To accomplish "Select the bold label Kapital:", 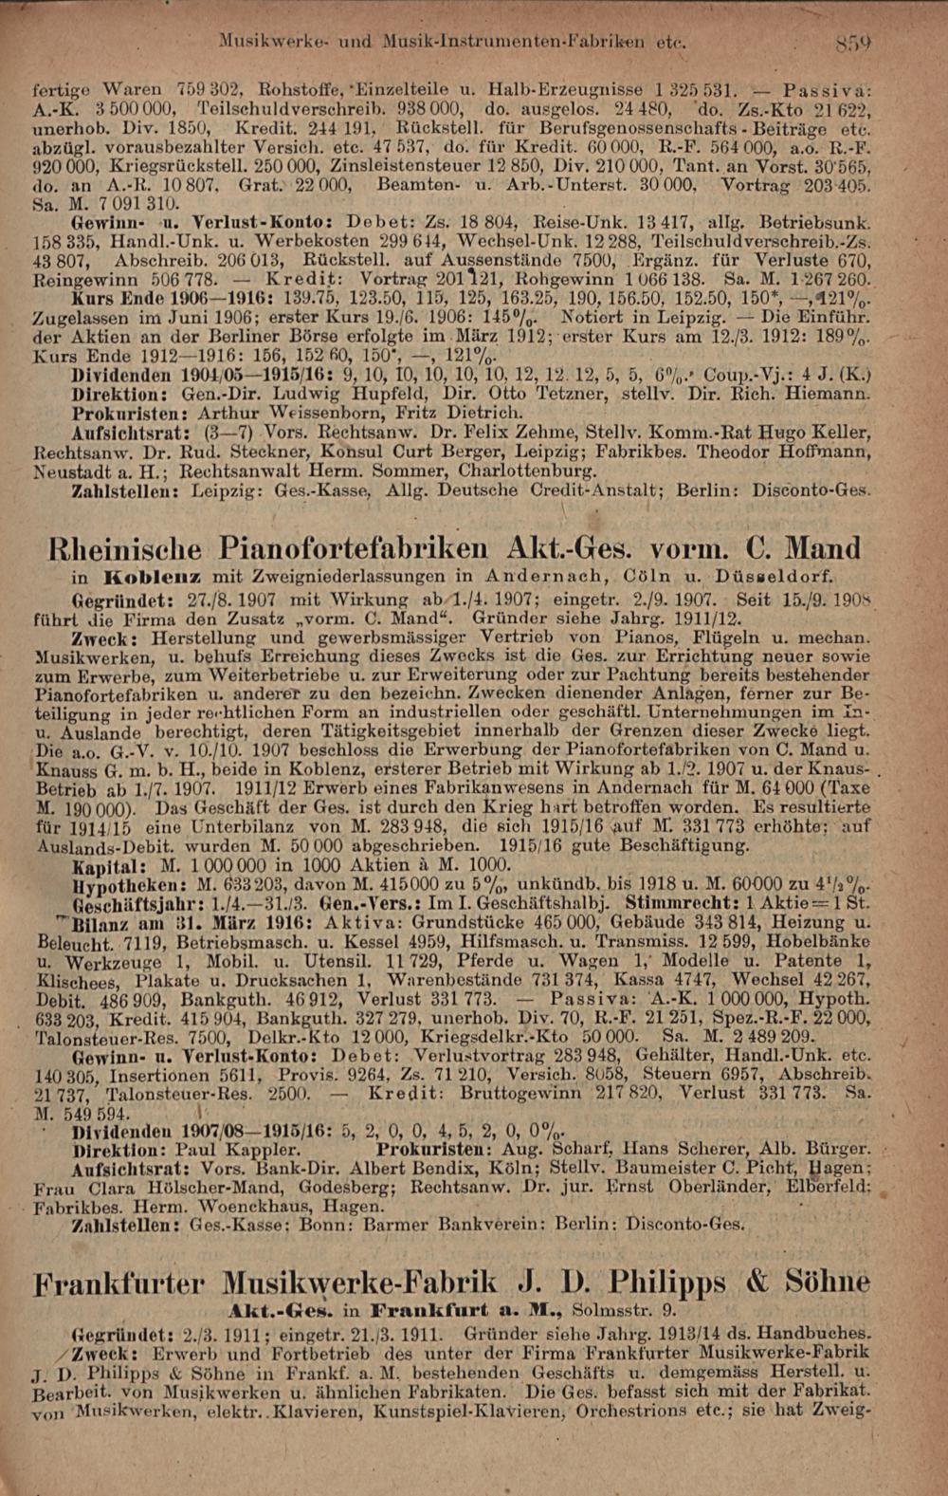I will click(x=112, y=866).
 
